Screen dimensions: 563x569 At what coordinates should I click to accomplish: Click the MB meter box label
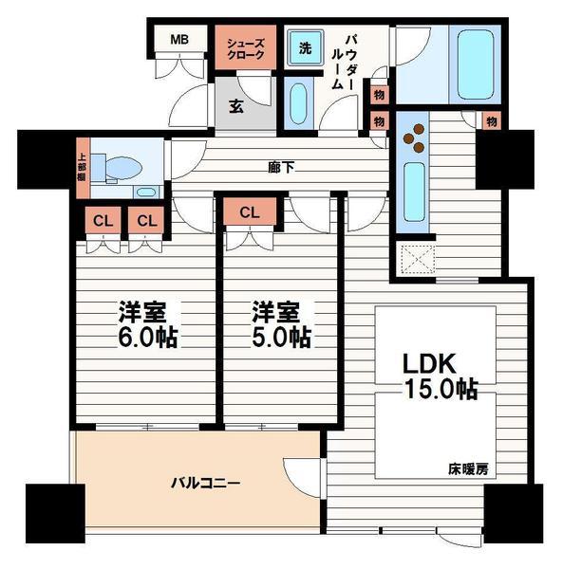coord(179,39)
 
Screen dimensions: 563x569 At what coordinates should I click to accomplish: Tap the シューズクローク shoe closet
coord(246,47)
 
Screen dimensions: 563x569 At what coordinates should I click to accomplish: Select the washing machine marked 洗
coord(305,47)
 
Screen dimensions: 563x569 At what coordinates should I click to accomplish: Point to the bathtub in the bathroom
coord(475,64)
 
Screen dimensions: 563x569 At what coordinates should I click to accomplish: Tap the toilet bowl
coord(122,168)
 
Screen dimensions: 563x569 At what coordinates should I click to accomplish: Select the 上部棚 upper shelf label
coord(83,167)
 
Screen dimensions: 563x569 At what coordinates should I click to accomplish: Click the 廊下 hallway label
coord(281,167)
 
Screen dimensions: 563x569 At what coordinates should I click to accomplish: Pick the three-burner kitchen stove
coord(413,138)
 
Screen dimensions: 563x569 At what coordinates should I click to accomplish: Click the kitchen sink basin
coord(415,192)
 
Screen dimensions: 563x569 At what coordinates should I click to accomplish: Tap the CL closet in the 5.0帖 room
coord(250,211)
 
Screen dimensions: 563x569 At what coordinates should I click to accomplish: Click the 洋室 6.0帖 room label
coord(147,324)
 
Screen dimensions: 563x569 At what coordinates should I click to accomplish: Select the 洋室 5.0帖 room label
coord(281,324)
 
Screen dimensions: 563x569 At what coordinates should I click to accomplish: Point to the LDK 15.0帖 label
coord(441,376)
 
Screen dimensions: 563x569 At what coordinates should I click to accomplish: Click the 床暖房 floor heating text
coord(468,469)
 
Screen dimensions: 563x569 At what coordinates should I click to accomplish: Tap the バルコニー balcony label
coord(206,483)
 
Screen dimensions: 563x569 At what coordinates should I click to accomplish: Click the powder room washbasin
coord(298,103)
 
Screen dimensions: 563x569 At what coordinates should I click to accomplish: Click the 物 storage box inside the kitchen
coord(492,120)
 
